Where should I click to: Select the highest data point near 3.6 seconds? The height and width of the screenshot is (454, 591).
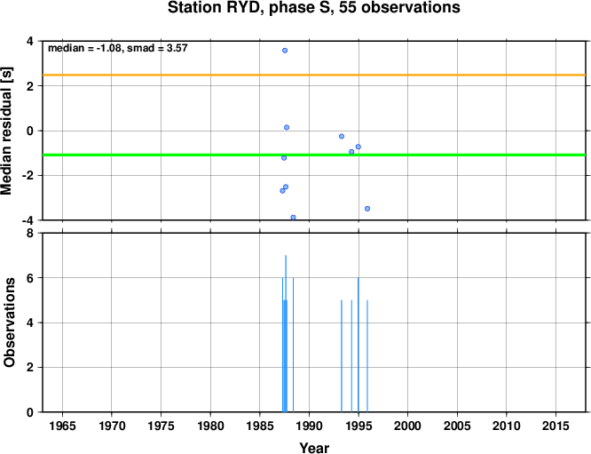pyautogui.click(x=285, y=51)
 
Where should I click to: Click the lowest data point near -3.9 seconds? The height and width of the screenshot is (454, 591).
pyautogui.click(x=293, y=218)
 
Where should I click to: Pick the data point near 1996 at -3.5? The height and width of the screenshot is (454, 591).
pyautogui.click(x=367, y=209)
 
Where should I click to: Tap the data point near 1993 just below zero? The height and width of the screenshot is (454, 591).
pyautogui.click(x=342, y=136)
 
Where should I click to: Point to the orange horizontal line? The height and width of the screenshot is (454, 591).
pyautogui.click(x=314, y=76)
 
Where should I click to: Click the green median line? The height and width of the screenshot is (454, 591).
pyautogui.click(x=314, y=155)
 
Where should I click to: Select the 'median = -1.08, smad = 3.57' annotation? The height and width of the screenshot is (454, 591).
pyautogui.click(x=118, y=48)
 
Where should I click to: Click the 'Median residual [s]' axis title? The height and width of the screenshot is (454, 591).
pyautogui.click(x=7, y=131)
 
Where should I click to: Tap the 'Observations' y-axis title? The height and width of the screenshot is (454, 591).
pyautogui.click(x=9, y=323)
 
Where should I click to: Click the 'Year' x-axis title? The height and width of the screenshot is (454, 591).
pyautogui.click(x=314, y=448)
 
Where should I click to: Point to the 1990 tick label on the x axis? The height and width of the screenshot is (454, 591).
pyautogui.click(x=309, y=426)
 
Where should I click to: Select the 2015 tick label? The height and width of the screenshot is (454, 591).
pyautogui.click(x=556, y=426)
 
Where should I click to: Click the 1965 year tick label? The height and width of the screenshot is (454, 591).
pyautogui.click(x=62, y=426)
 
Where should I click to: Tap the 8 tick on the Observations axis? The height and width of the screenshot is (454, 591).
pyautogui.click(x=30, y=234)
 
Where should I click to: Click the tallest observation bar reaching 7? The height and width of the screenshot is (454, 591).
pyautogui.click(x=286, y=333)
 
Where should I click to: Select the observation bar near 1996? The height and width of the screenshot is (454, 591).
pyautogui.click(x=367, y=356)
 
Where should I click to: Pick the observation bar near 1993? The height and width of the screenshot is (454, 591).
pyautogui.click(x=342, y=356)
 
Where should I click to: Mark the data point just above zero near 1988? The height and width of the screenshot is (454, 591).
pyautogui.click(x=287, y=128)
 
